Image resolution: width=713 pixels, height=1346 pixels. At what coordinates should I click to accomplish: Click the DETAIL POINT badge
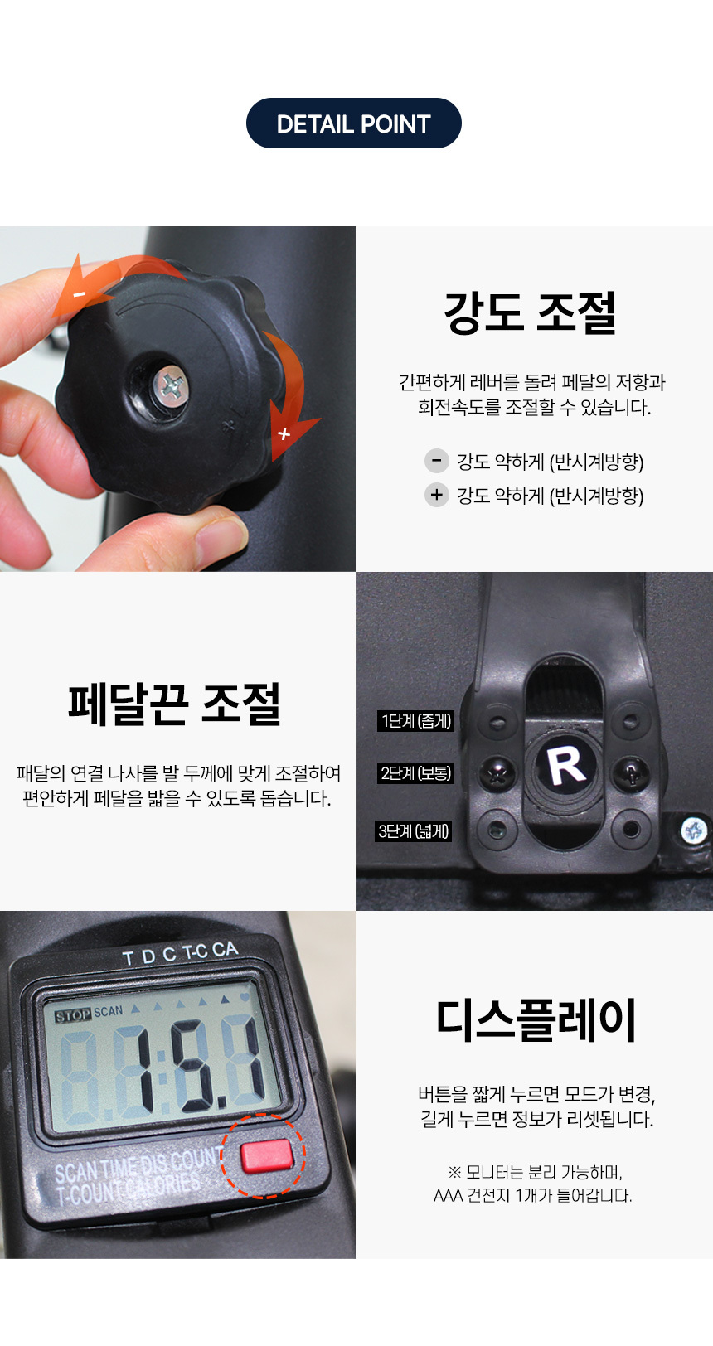pyautogui.click(x=353, y=123)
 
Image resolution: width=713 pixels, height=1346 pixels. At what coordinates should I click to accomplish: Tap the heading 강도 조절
pyautogui.click(x=531, y=312)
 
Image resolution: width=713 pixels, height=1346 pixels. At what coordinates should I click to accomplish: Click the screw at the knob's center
pyautogui.click(x=171, y=385)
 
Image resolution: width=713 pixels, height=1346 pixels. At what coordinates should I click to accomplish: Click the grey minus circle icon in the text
pyautogui.click(x=436, y=461)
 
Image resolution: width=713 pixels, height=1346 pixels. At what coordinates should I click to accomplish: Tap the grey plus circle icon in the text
pyautogui.click(x=436, y=495)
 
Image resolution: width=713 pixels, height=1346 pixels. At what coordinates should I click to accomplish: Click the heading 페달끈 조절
pyautogui.click(x=174, y=704)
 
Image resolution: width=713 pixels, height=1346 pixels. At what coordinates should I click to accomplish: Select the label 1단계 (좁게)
pyautogui.click(x=415, y=720)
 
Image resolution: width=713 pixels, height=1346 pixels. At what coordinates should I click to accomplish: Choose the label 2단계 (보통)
pyautogui.click(x=415, y=772)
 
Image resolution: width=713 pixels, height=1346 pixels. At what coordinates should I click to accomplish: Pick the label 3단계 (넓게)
pyautogui.click(x=413, y=831)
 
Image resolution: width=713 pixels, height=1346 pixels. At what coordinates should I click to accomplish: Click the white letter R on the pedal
pyautogui.click(x=565, y=766)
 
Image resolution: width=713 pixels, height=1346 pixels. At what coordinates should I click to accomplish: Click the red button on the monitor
pyautogui.click(x=267, y=1155)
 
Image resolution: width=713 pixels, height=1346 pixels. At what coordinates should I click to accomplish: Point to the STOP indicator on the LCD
pyautogui.click(x=73, y=1015)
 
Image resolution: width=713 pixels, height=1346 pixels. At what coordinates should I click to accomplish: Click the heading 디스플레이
pyautogui.click(x=536, y=1020)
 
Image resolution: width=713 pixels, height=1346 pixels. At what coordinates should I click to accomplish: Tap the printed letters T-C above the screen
pyautogui.click(x=194, y=951)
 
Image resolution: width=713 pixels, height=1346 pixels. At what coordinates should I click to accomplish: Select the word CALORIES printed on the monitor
pyautogui.click(x=162, y=1185)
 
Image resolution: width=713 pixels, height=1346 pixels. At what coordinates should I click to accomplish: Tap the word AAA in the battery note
pyautogui.click(x=448, y=1196)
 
